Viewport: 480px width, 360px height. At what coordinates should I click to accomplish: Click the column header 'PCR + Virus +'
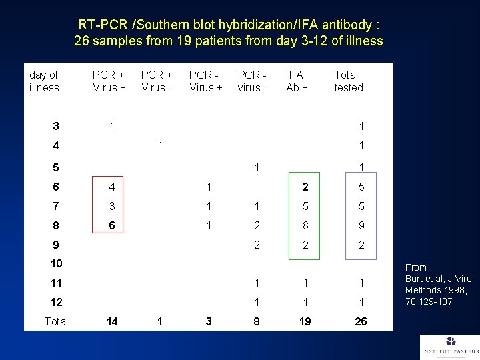click(x=109, y=81)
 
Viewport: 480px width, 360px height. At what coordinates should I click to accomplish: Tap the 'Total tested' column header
click(x=348, y=81)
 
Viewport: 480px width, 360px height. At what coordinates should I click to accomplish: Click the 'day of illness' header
click(x=44, y=81)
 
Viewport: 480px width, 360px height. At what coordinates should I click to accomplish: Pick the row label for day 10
click(x=56, y=264)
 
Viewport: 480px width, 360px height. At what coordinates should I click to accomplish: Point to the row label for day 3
click(x=56, y=126)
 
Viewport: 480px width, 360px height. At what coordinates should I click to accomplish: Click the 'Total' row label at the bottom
click(x=56, y=321)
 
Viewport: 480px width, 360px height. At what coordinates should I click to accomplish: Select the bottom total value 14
click(x=112, y=321)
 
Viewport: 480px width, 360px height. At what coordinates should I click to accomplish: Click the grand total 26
click(x=361, y=321)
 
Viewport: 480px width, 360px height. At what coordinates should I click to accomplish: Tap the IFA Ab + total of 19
click(x=305, y=321)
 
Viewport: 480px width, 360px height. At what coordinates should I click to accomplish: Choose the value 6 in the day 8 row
click(x=112, y=226)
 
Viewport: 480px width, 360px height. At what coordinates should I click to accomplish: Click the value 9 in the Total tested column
click(x=361, y=226)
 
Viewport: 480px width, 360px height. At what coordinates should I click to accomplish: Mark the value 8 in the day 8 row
click(x=305, y=226)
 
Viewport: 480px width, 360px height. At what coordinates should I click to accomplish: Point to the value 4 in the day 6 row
click(x=112, y=187)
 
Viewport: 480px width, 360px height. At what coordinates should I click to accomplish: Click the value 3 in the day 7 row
click(x=112, y=207)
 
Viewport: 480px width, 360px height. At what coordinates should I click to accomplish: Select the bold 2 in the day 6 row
click(x=305, y=187)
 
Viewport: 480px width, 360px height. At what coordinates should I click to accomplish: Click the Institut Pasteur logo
click(x=449, y=347)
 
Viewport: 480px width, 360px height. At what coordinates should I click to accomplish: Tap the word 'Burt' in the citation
click(x=415, y=279)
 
